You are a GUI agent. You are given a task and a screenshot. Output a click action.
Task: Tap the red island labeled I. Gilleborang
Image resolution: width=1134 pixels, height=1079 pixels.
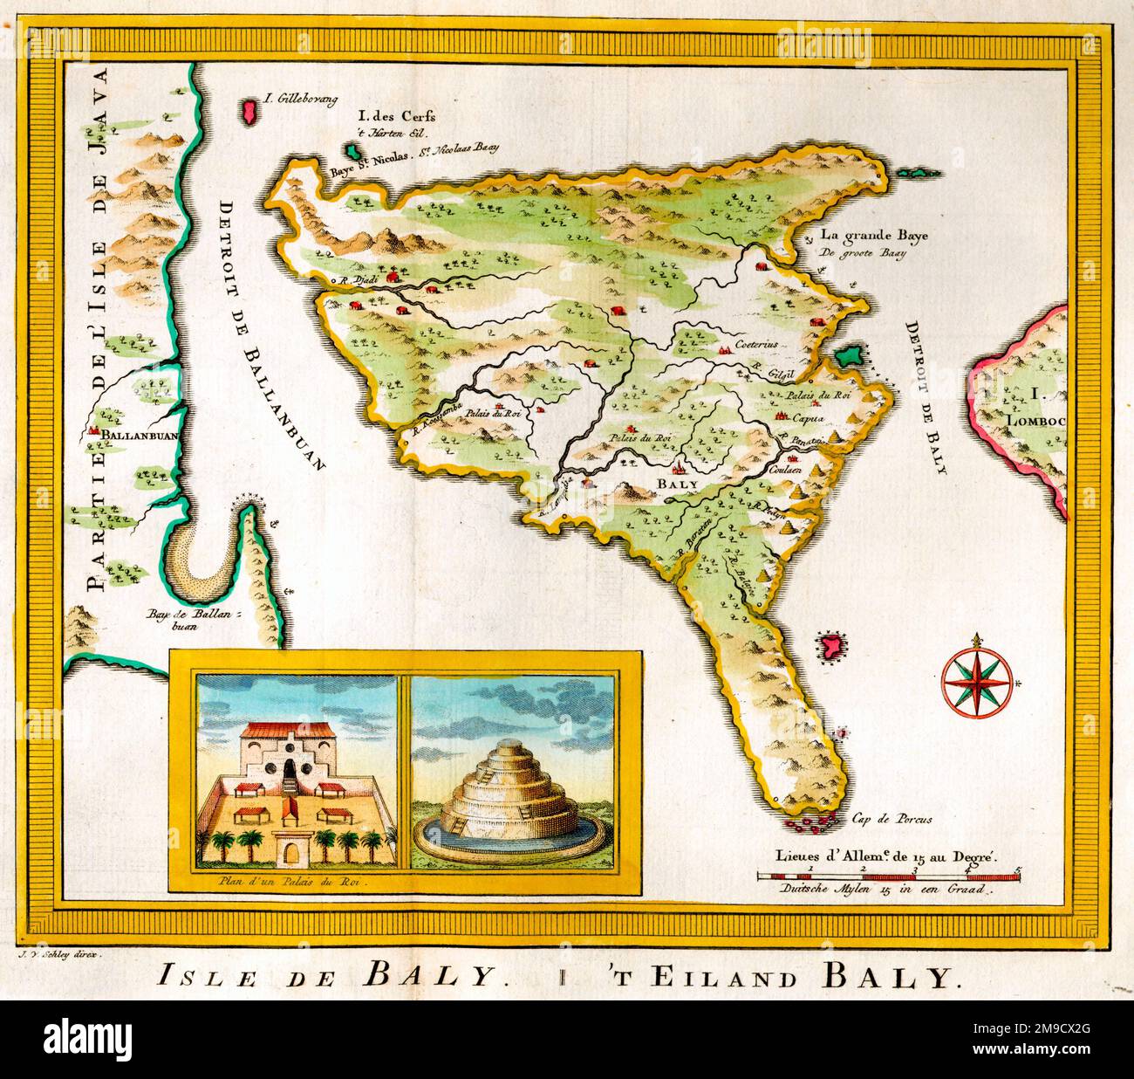pos(250,111)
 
